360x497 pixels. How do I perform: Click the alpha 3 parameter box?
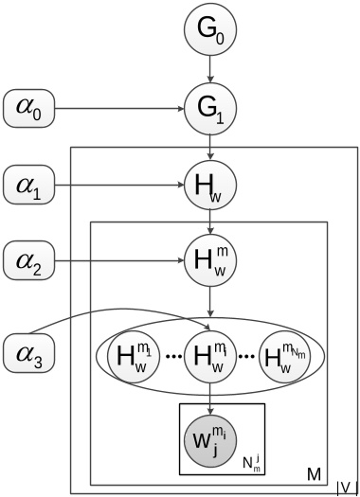pyautogui.click(x=31, y=356)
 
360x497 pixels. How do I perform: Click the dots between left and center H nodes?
pyautogui.click(x=173, y=358)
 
